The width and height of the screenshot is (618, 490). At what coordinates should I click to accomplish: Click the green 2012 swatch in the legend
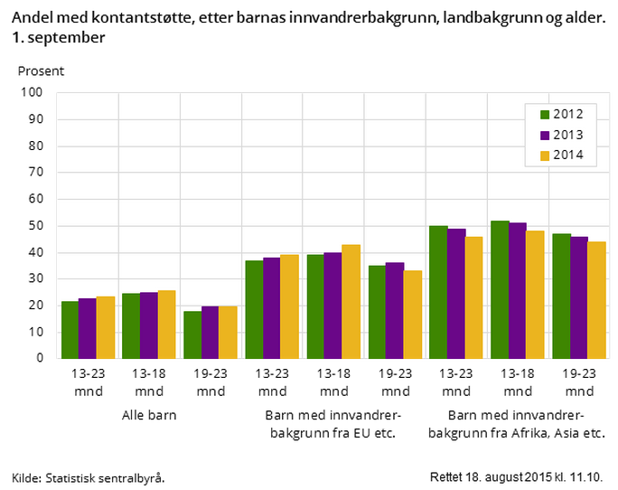(545, 114)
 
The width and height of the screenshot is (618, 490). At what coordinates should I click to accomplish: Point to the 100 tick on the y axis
(33, 92)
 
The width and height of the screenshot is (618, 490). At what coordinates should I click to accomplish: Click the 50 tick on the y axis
(36, 225)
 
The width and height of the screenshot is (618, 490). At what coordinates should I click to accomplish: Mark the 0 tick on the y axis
(40, 358)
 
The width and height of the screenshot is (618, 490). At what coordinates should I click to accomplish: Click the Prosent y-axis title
(41, 70)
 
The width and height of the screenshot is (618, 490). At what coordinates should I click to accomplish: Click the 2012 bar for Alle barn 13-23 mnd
(70, 330)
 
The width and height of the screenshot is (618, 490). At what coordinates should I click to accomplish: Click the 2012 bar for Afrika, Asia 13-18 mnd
(500, 289)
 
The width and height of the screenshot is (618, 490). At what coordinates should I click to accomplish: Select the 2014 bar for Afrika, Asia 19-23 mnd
(596, 299)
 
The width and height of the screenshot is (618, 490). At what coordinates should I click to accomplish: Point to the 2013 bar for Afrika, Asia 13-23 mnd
(455, 293)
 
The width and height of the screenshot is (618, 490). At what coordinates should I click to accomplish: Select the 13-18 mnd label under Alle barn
(149, 382)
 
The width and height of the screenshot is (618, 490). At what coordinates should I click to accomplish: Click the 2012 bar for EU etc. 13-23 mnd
(254, 309)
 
